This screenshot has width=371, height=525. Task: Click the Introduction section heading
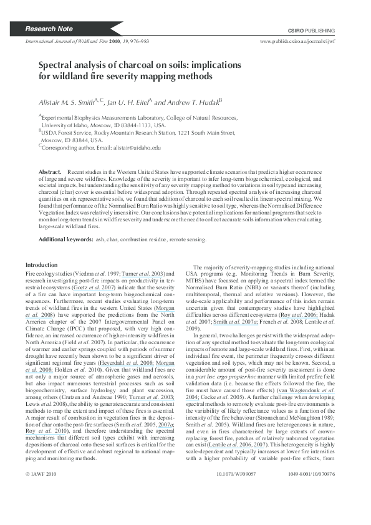(41, 266)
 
